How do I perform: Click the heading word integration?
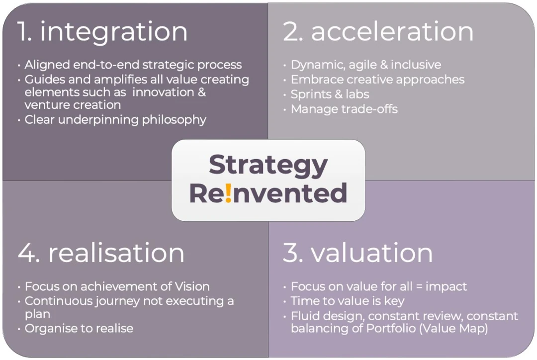[114, 32]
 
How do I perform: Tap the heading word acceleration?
[392, 31]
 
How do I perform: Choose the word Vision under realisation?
[192, 286]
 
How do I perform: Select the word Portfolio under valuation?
[391, 329]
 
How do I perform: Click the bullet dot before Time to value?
[284, 302]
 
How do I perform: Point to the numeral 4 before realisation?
[29, 253]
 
